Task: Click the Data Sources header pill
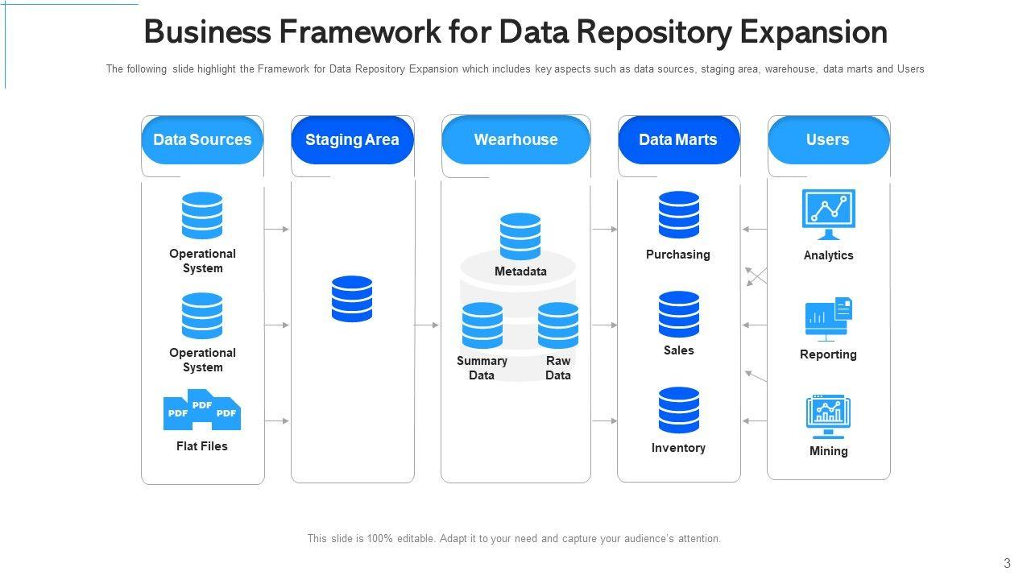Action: (202, 140)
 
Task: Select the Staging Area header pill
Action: (352, 140)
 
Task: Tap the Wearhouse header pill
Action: (515, 140)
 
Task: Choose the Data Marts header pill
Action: (678, 140)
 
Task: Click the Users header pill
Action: (828, 140)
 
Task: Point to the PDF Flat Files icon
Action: (202, 410)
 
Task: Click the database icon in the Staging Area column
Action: (352, 299)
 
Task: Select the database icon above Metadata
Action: (520, 236)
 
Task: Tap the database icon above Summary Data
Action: (482, 325)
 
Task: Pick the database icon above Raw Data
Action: (558, 325)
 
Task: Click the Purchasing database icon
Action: (679, 215)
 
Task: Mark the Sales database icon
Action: (679, 314)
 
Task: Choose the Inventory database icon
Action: (679, 410)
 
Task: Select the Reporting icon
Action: (829, 319)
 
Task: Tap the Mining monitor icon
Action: (829, 416)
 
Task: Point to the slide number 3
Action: (1007, 563)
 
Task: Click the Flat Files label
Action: (202, 446)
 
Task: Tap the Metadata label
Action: (520, 271)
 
